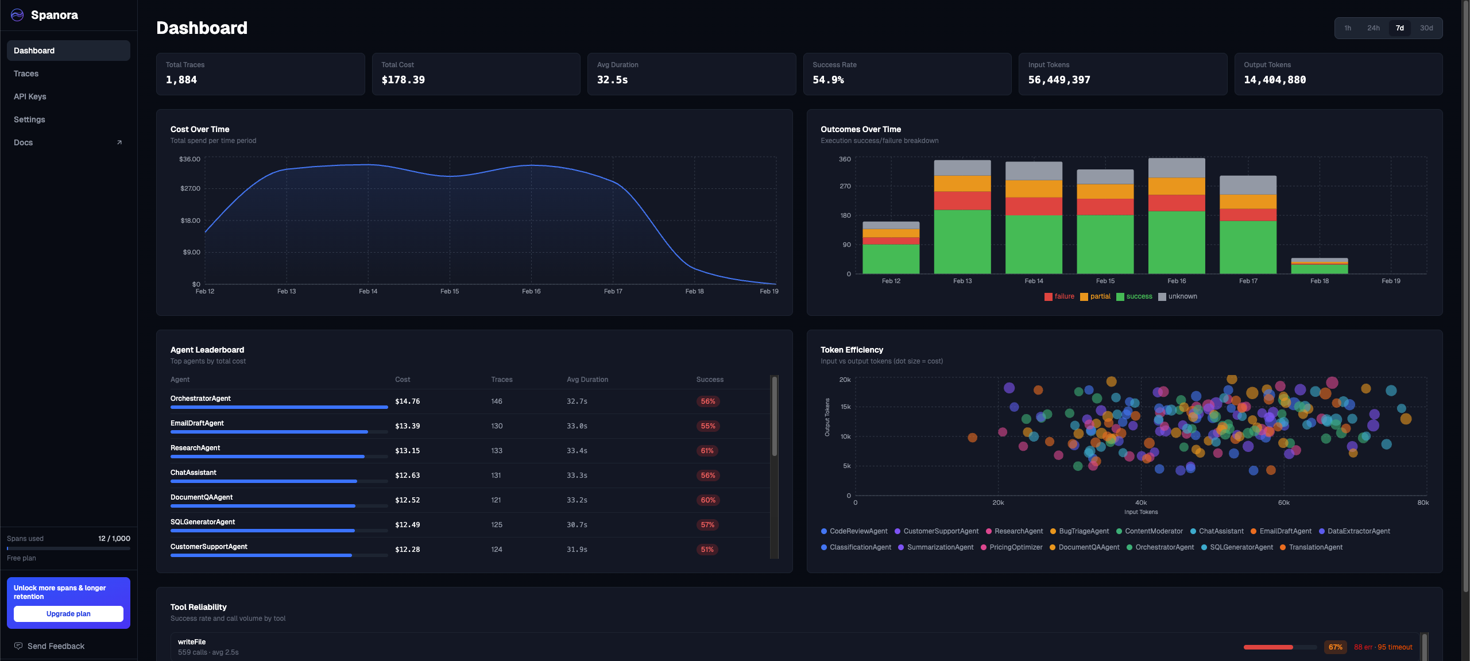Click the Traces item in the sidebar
(x=26, y=74)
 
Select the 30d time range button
(x=1426, y=28)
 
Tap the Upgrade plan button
(x=68, y=614)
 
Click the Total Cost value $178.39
(x=403, y=80)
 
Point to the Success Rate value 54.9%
(x=828, y=80)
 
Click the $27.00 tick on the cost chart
(x=190, y=188)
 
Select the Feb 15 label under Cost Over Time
(x=450, y=291)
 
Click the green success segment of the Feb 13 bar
(x=962, y=241)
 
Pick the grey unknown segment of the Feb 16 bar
(x=1177, y=168)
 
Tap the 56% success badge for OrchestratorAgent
(x=707, y=401)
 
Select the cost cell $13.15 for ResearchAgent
(x=407, y=451)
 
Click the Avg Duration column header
(x=587, y=380)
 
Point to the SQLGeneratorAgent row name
(x=203, y=522)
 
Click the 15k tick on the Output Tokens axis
(x=845, y=407)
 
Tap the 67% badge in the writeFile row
(x=1335, y=647)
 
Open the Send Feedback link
(x=56, y=646)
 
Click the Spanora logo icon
(x=17, y=15)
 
